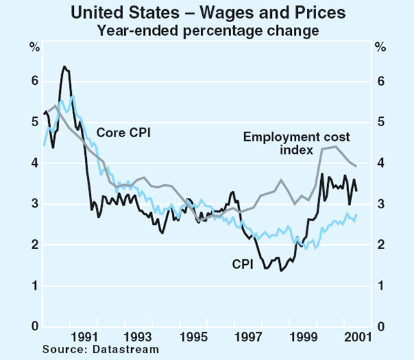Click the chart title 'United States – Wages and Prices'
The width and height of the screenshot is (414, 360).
click(x=207, y=13)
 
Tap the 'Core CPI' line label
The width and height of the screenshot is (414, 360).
click(x=124, y=132)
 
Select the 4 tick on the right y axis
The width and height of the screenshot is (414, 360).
click(x=379, y=163)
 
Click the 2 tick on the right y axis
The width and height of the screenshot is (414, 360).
click(x=379, y=245)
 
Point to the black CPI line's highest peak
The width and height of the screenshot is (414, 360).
click(x=64, y=67)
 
